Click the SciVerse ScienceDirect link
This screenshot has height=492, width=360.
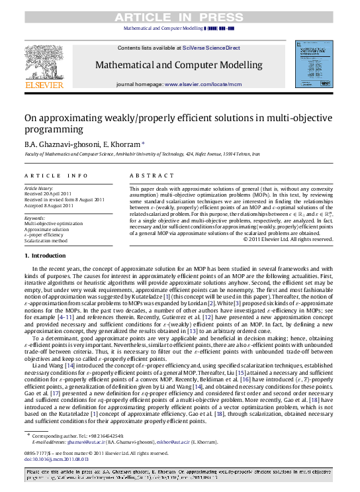coord(198,49)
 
